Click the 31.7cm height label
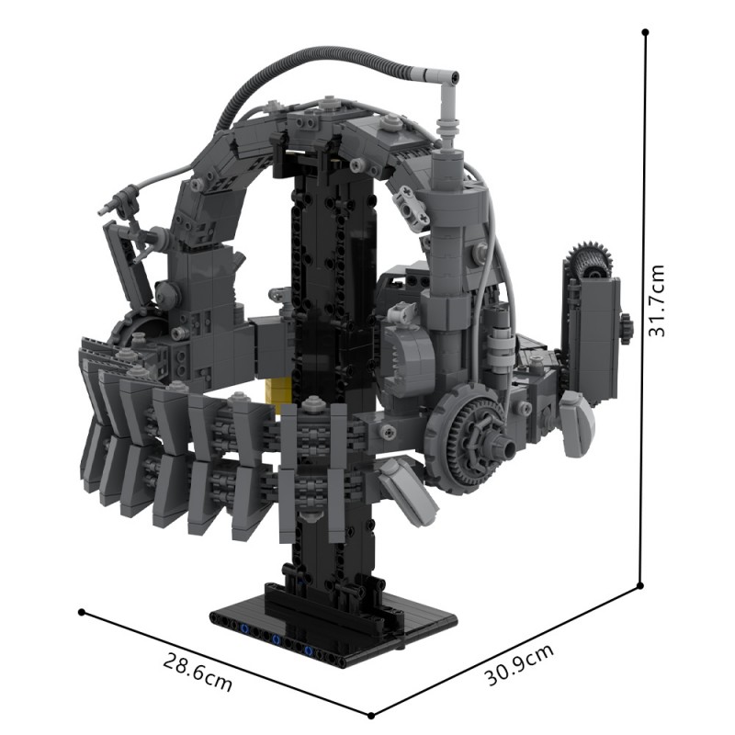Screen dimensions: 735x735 [658, 300]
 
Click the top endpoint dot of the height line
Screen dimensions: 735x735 [646, 32]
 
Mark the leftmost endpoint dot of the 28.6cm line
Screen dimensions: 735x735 [83, 611]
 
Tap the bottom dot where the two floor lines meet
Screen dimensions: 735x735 [371, 715]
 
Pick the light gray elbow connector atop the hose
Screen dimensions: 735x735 [444, 81]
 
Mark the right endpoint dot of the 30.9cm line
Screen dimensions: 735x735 [639, 583]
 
